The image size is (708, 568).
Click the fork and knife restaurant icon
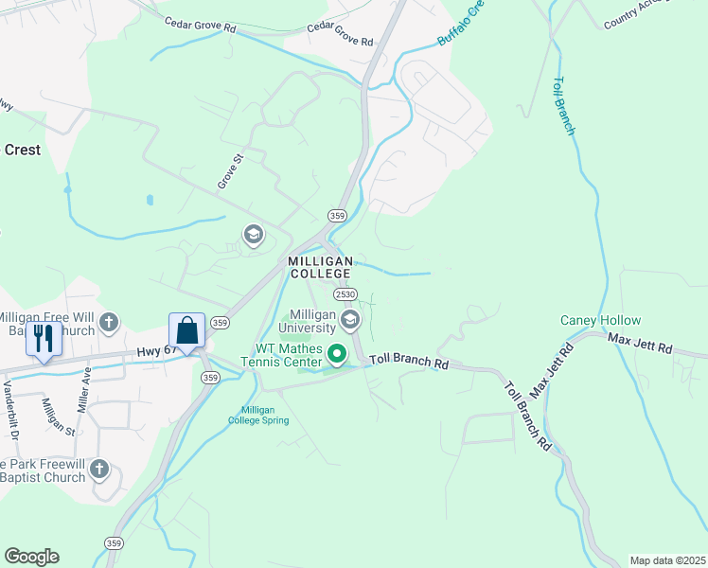[x=44, y=337]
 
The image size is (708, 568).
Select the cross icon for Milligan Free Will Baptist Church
[x=109, y=322]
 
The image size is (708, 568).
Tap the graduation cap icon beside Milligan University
[x=349, y=320]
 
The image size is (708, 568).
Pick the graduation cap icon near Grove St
[x=253, y=235]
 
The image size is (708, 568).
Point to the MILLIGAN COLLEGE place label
[x=321, y=267]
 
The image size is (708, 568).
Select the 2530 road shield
[x=345, y=294]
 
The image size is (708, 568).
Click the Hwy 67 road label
[x=157, y=351]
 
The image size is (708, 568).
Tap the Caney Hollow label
[x=600, y=321]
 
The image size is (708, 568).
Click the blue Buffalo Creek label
[x=460, y=25]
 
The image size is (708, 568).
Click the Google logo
[x=31, y=557]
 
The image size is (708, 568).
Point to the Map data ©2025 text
[x=667, y=560]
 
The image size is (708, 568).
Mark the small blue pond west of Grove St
[x=150, y=201]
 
